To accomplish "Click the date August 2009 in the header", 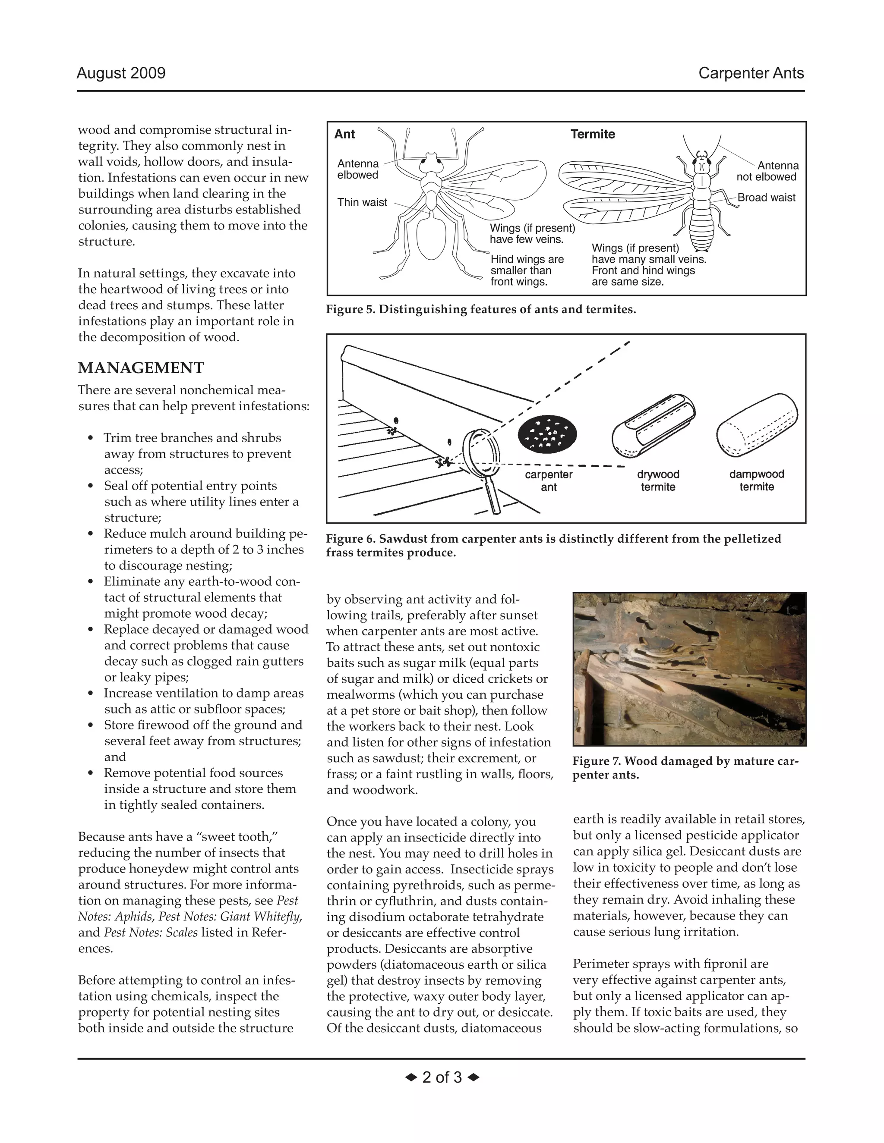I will [x=121, y=73].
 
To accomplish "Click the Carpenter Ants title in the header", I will [x=751, y=73].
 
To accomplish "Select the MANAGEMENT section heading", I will [x=141, y=368].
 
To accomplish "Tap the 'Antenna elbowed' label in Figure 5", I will [x=358, y=170].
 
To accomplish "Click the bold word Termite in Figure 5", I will [x=593, y=134].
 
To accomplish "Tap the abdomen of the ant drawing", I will [x=430, y=237].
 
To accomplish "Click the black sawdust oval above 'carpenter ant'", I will [x=547, y=434].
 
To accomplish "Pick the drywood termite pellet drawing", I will [x=653, y=427].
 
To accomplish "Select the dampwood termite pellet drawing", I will [x=757, y=427].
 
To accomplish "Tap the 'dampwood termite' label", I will [x=757, y=480].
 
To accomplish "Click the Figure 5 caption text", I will [x=481, y=309].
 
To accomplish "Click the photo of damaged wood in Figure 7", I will [x=689, y=669].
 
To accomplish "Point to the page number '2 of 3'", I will [x=442, y=1077].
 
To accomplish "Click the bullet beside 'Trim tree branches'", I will [x=91, y=438].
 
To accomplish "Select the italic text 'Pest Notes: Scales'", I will [x=151, y=932].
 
